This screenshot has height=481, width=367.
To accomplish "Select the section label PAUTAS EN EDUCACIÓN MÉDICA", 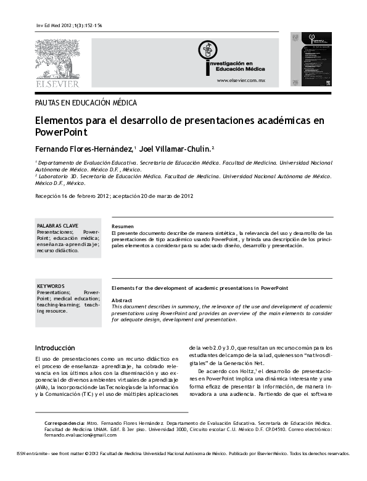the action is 86,103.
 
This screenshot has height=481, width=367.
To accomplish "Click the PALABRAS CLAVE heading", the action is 57,226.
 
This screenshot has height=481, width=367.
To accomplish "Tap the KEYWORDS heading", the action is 51,286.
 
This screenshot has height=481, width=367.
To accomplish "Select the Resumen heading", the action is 122,226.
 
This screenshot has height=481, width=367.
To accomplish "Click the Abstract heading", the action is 122,299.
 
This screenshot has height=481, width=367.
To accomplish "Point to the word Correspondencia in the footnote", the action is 65,405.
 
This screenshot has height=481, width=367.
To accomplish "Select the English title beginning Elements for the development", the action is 192,288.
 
